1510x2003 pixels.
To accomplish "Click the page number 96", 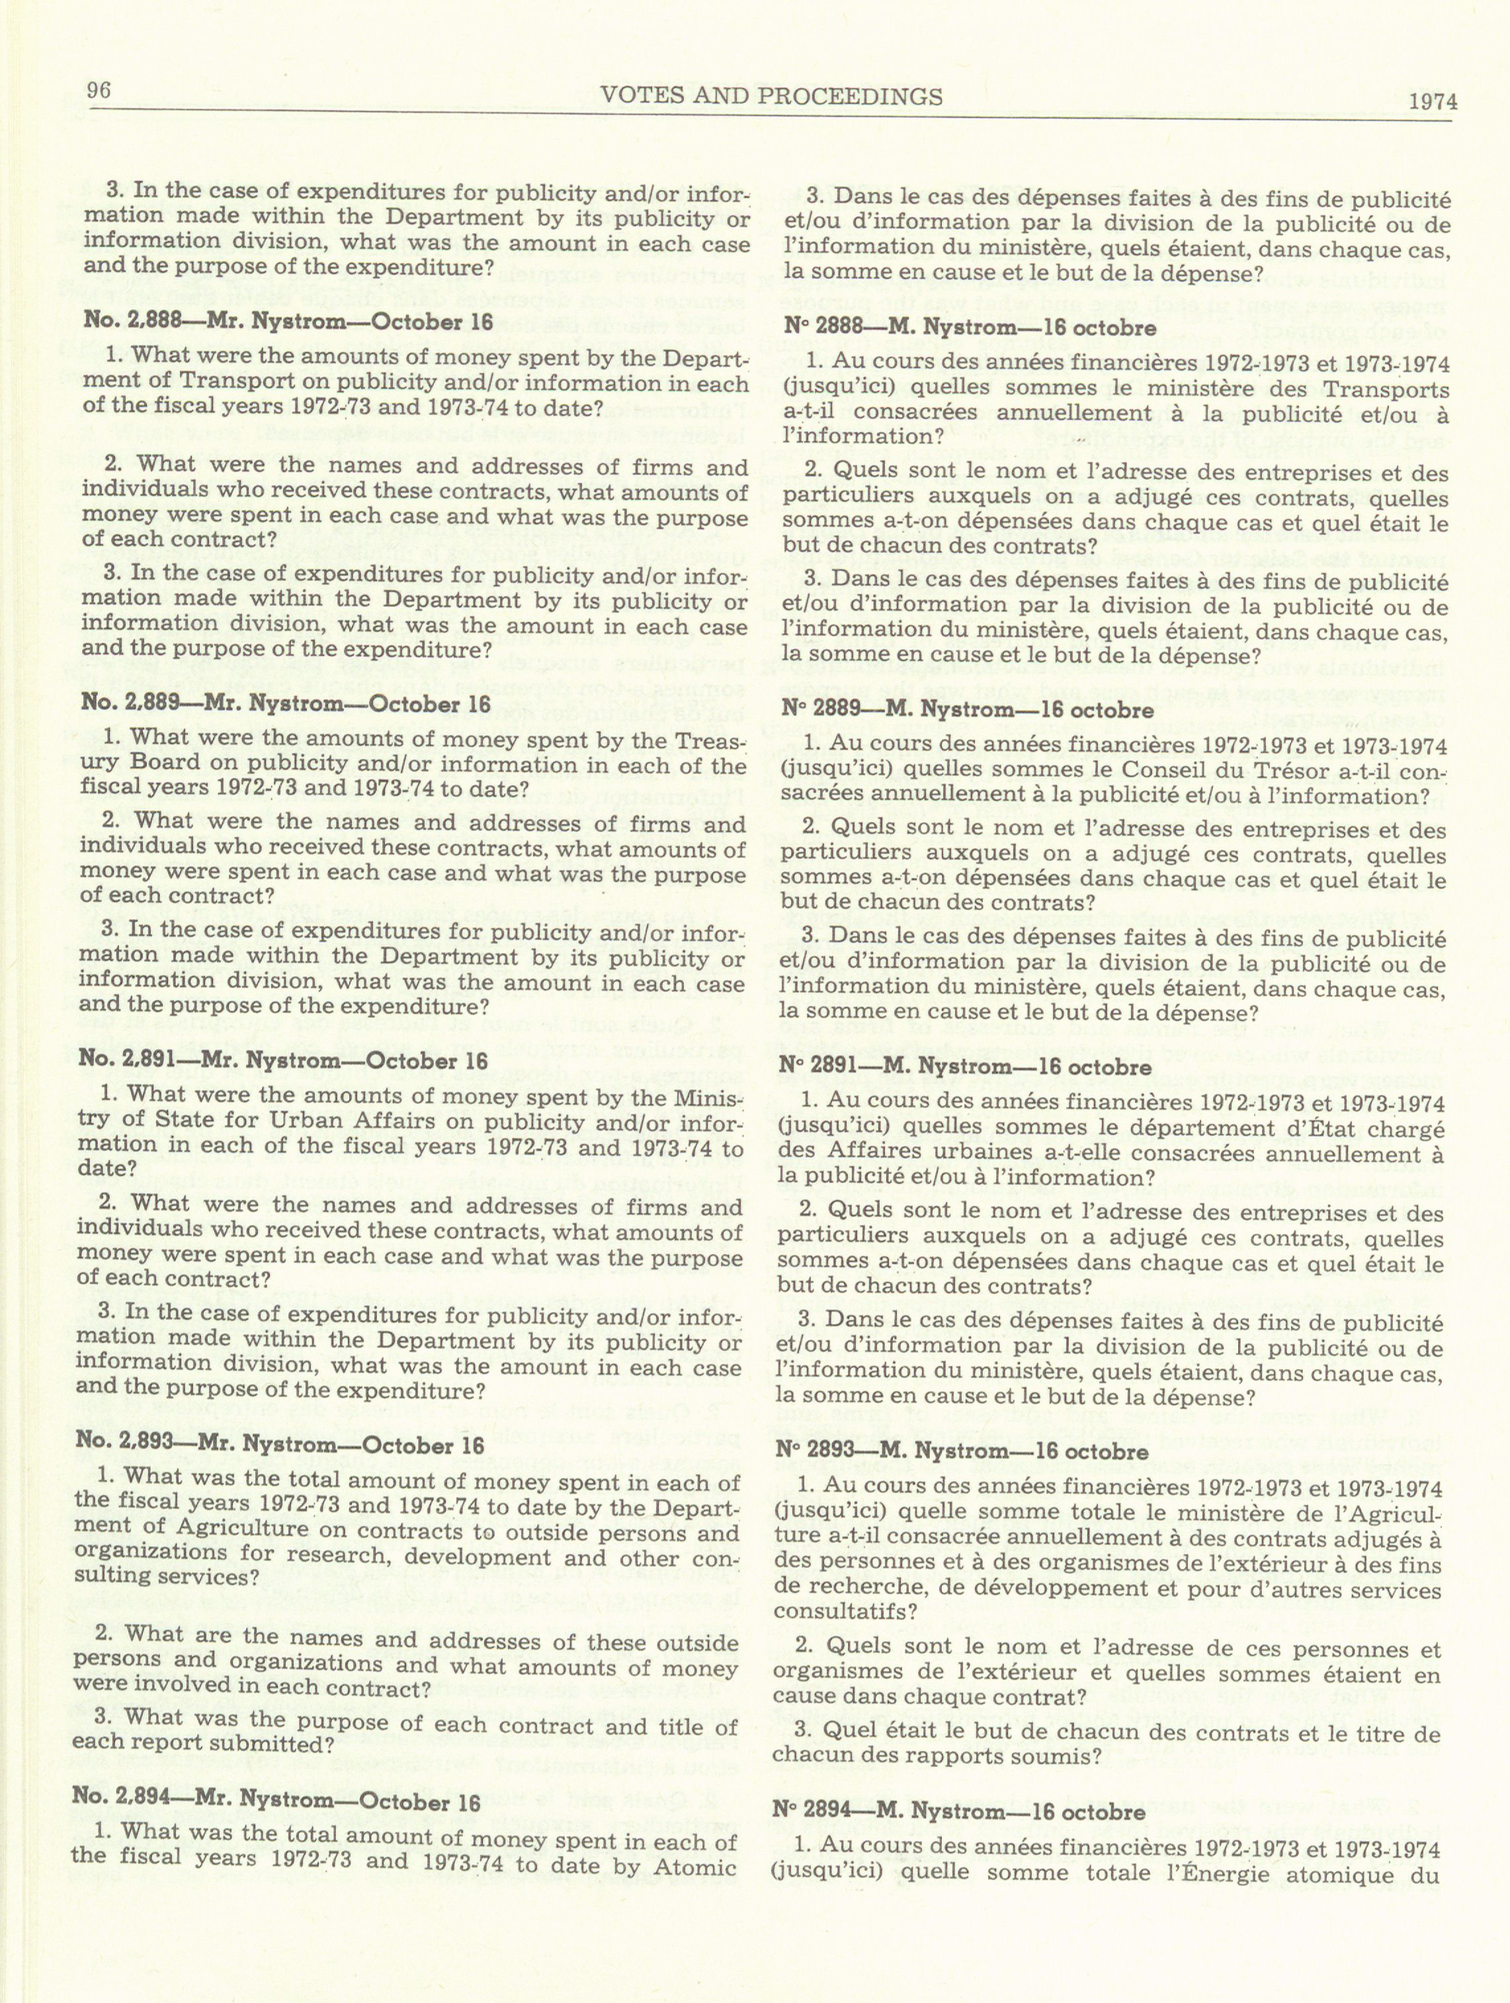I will pos(99,91).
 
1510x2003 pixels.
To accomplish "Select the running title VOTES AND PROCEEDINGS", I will pos(771,96).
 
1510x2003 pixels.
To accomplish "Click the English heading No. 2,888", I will pos(287,322).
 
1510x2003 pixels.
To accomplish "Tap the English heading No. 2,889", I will pos(285,705).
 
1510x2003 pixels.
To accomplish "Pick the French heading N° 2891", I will pos(964,1067).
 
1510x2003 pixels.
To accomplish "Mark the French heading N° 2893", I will pos(962,1452).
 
